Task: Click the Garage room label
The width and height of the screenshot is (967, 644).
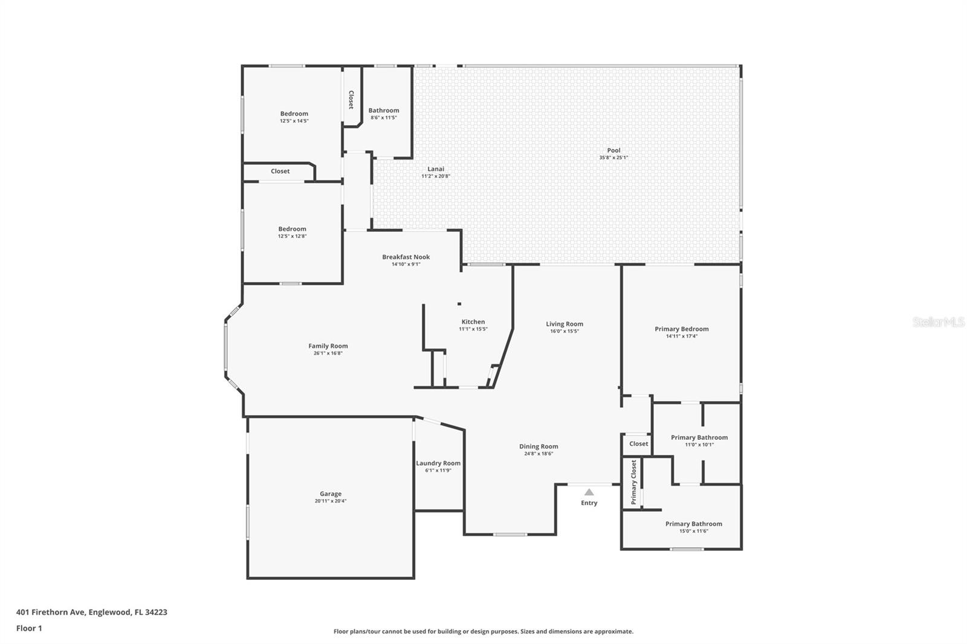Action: [x=331, y=494]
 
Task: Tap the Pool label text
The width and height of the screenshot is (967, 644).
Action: [x=613, y=150]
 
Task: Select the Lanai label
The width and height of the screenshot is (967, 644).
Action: [x=436, y=169]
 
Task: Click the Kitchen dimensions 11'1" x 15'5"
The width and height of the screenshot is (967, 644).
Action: [x=473, y=329]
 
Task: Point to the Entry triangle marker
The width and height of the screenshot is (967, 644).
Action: [x=589, y=492]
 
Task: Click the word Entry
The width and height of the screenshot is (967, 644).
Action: [x=589, y=503]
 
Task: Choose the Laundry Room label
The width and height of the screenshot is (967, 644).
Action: [x=438, y=463]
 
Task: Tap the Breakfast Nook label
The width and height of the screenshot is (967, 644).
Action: [x=406, y=257]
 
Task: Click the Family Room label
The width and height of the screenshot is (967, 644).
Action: [x=328, y=346]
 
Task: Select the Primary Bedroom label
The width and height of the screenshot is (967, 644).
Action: [x=682, y=329]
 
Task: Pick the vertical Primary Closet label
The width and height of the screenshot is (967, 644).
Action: [x=634, y=482]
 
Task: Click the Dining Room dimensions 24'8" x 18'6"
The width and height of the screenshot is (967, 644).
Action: [x=538, y=454]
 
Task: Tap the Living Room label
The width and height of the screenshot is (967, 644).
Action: [x=564, y=324]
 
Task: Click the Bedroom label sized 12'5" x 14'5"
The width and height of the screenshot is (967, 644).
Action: [x=294, y=114]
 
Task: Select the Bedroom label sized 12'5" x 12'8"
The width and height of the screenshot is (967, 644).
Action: [x=293, y=229]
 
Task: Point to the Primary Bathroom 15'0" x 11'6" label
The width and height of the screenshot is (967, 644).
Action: [x=694, y=524]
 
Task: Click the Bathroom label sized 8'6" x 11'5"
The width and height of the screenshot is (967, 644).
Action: [x=384, y=111]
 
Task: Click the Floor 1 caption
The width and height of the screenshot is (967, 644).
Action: [x=29, y=628]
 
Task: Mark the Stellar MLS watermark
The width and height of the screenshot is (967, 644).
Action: [x=938, y=322]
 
